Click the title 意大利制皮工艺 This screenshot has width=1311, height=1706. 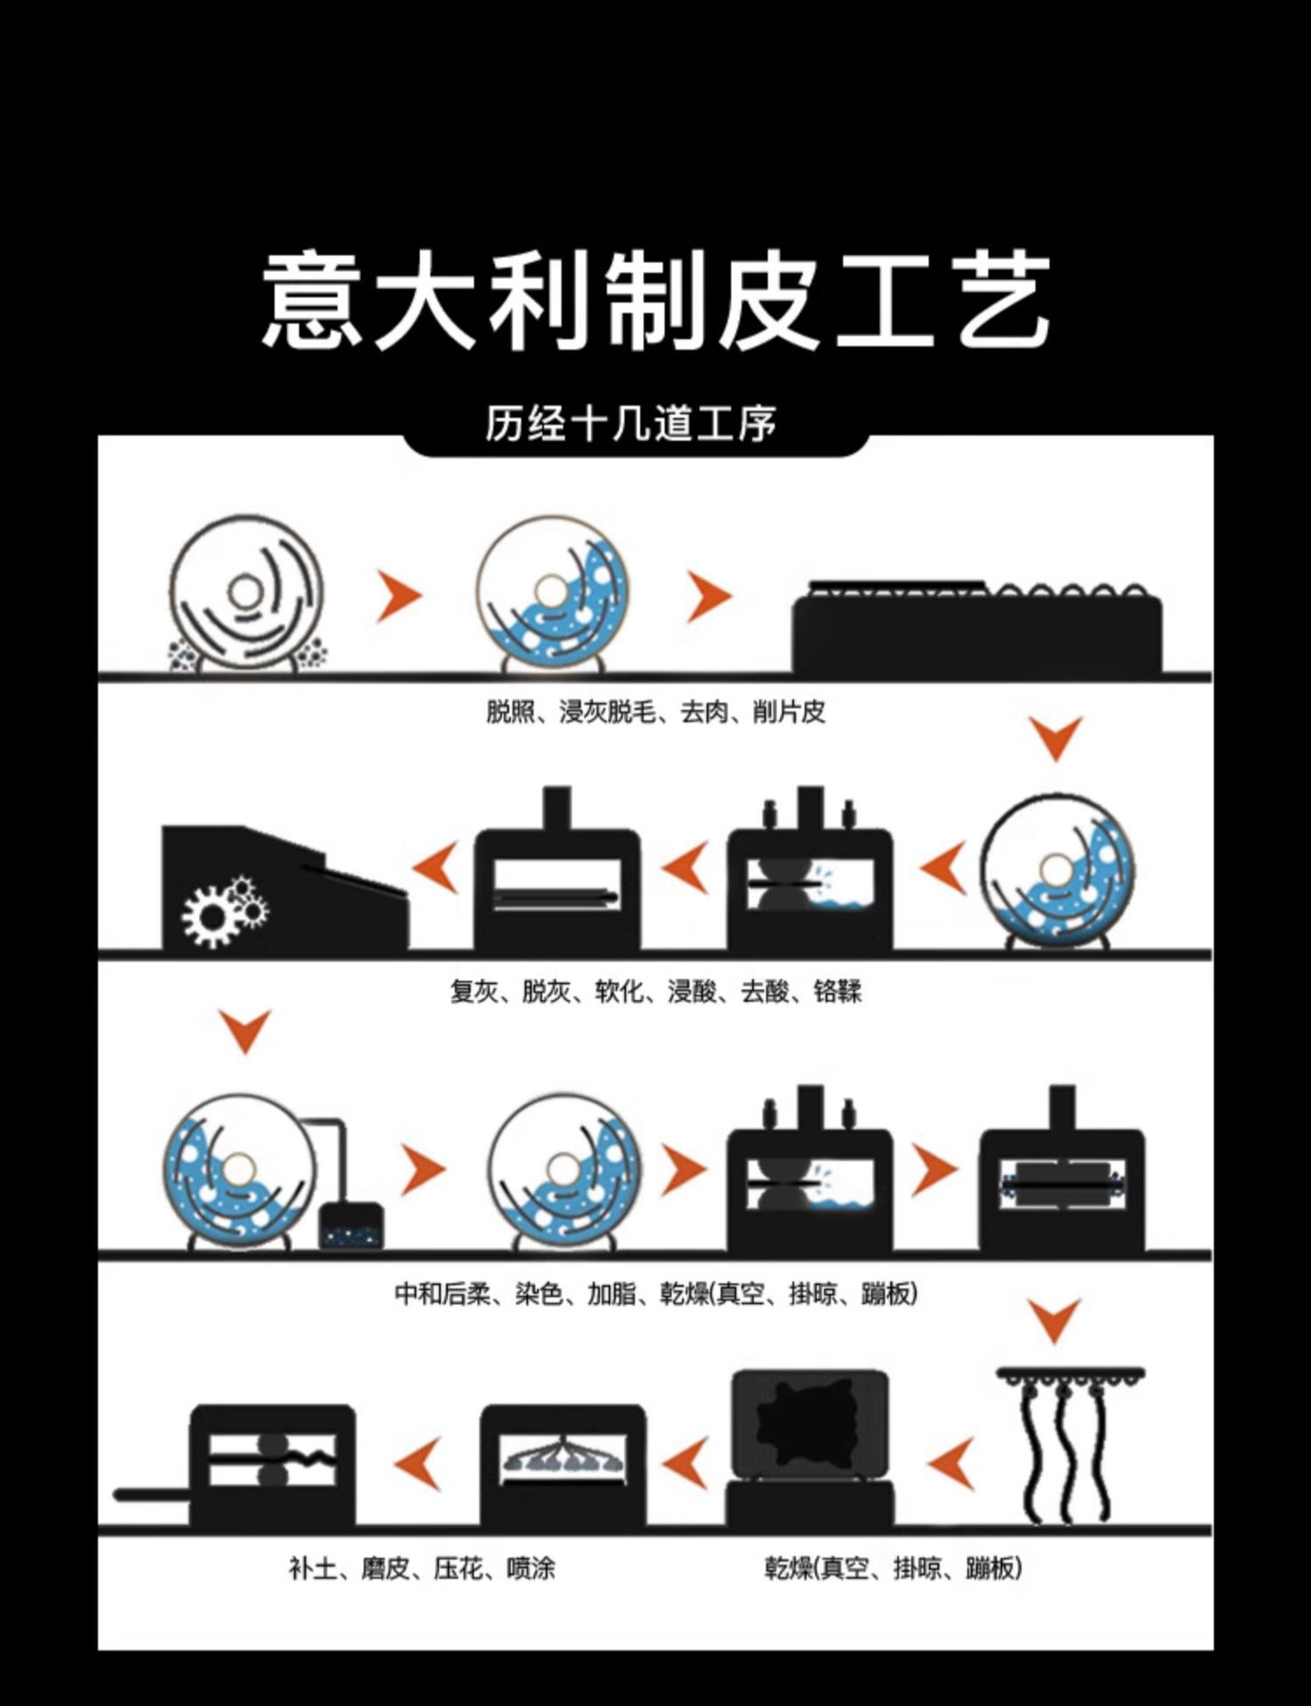(655, 299)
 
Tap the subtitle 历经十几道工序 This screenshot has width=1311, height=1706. (631, 424)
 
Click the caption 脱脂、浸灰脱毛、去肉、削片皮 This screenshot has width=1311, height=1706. (655, 712)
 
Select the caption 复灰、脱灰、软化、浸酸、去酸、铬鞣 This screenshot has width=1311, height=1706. (655, 991)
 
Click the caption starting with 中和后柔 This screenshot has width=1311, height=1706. (655, 1293)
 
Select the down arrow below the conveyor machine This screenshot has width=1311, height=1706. (1056, 737)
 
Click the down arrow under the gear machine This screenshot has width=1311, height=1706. (245, 1031)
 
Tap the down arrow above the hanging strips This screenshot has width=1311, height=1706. (1056, 1319)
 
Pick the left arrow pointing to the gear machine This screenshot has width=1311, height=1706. (437, 868)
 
